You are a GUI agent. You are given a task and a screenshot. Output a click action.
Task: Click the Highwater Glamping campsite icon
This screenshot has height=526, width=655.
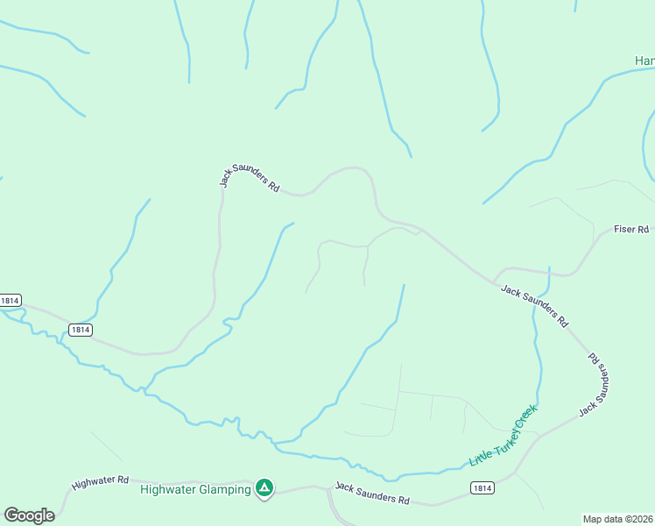(x=264, y=487)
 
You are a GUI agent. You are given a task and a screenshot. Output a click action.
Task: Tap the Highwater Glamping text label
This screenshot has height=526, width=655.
(x=195, y=489)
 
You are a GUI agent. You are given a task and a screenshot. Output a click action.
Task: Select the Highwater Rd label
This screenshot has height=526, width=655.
(x=101, y=481)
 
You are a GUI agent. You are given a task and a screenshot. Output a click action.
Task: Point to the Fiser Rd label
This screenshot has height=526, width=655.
(x=630, y=230)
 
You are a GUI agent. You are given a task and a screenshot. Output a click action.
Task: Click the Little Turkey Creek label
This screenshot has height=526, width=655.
(x=503, y=436)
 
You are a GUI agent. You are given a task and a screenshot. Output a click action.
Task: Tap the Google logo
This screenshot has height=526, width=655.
(x=29, y=515)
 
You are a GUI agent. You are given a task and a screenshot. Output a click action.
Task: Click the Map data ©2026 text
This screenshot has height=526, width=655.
(x=617, y=519)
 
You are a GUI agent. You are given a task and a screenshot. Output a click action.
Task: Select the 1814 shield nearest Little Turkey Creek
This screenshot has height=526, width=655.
(x=481, y=487)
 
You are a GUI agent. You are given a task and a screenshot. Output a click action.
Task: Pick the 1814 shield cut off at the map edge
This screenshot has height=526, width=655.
(x=10, y=300)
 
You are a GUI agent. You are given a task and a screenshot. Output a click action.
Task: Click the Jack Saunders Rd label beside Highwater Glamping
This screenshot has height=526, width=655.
(x=372, y=494)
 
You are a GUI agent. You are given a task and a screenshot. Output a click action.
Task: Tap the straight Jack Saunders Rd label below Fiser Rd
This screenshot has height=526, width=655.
(x=533, y=306)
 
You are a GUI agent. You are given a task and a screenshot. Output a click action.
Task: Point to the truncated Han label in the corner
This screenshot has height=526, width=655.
(x=644, y=60)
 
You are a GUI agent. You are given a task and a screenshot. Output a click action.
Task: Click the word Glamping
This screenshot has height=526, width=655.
(x=226, y=489)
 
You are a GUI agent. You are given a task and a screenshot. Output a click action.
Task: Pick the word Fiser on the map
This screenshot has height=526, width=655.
(x=625, y=230)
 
